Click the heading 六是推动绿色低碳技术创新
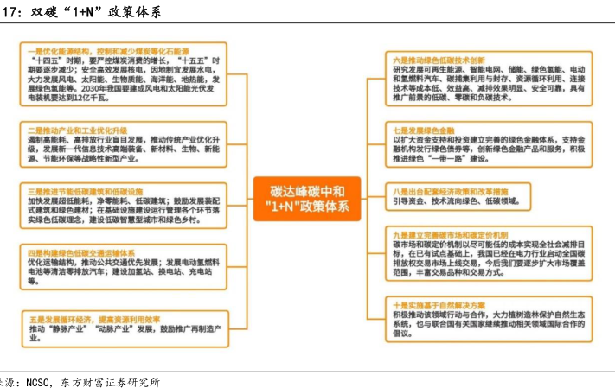439,58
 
